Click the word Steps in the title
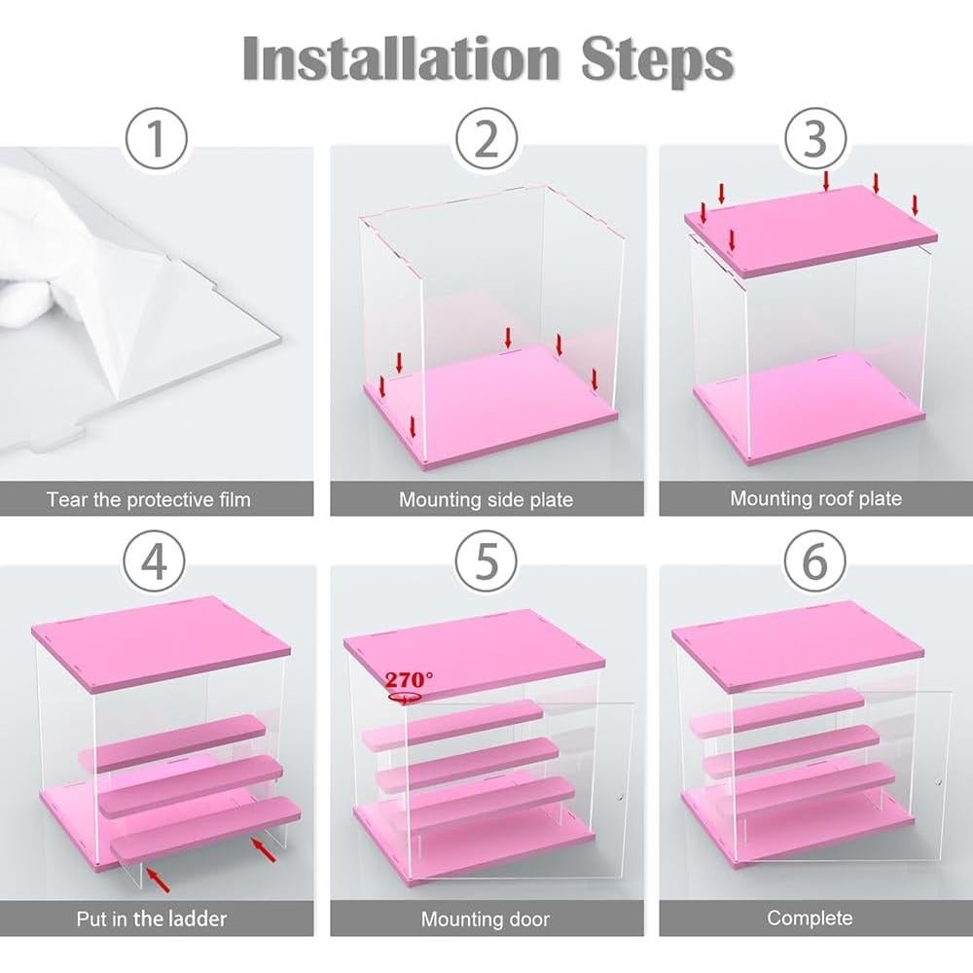(658, 61)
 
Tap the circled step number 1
(157, 138)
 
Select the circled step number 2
(486, 138)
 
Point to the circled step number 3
(815, 138)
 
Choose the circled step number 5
(486, 561)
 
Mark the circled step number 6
(815, 561)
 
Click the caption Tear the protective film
(149, 499)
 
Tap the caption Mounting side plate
(486, 499)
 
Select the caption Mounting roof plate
(815, 498)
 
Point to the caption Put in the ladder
(152, 919)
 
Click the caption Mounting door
(486, 919)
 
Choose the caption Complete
(810, 918)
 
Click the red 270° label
(409, 679)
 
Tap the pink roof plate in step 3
(811, 230)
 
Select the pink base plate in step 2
(490, 404)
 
